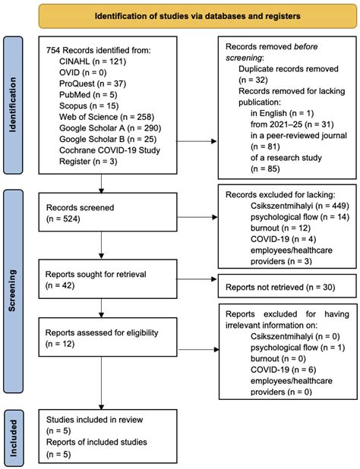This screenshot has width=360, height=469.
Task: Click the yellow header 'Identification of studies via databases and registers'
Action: (x=196, y=15)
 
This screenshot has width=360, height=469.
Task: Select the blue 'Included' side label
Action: (x=14, y=436)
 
